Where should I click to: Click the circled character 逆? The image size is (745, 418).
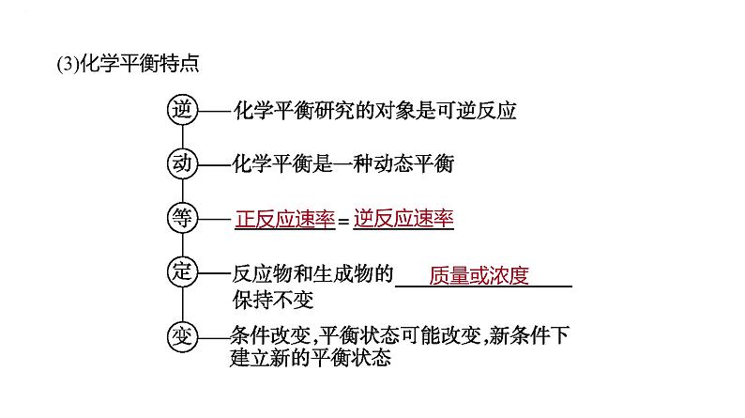click(180, 109)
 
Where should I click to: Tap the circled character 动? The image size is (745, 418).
click(180, 163)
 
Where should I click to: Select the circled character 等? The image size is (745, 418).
click(180, 218)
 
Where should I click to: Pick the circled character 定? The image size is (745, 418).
click(180, 272)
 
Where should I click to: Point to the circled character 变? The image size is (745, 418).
click(180, 335)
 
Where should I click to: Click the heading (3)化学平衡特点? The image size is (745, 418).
click(128, 65)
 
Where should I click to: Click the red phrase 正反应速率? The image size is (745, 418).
click(284, 220)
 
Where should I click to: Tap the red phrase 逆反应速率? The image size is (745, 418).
click(403, 220)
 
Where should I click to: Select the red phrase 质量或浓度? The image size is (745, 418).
click(479, 275)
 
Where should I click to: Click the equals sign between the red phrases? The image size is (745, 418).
click(343, 222)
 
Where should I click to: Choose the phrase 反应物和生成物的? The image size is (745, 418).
click(312, 275)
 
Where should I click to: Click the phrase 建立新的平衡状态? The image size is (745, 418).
click(310, 358)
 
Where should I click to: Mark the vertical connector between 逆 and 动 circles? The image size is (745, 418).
click(180, 136)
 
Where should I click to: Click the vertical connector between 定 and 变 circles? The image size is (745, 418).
click(180, 303)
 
